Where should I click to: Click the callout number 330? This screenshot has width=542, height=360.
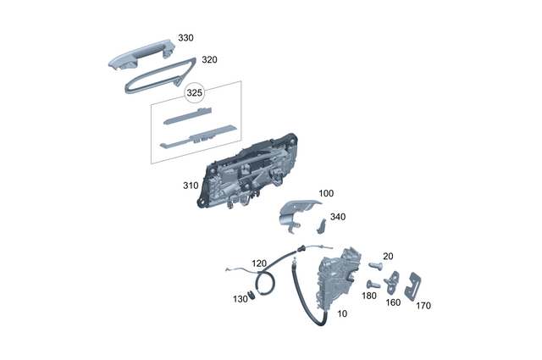[185, 40]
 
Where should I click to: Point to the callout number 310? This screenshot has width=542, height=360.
[190, 186]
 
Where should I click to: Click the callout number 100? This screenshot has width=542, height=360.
[325, 194]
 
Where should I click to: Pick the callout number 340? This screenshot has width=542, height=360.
[338, 217]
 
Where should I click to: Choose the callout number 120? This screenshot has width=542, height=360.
[258, 263]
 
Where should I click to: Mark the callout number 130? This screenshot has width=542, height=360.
[240, 299]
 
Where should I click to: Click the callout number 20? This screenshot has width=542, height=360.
[389, 256]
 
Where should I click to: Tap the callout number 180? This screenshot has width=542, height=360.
[368, 296]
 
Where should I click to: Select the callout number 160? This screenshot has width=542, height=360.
[394, 302]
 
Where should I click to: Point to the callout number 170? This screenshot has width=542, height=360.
[423, 305]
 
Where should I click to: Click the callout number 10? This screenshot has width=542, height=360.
[342, 313]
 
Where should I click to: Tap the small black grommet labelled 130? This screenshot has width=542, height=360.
[251, 296]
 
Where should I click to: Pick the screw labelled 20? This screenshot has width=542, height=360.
[377, 265]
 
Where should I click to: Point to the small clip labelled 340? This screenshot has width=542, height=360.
[323, 226]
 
